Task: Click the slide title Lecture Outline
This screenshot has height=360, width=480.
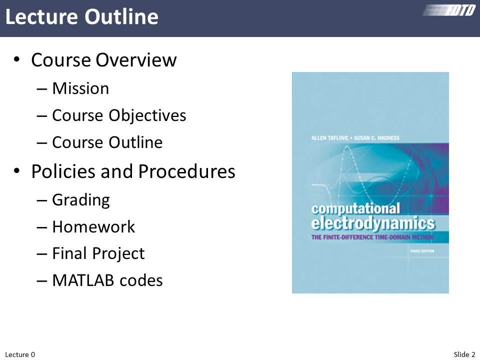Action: tap(81, 17)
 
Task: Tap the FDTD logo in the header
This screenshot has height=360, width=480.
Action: tap(450, 10)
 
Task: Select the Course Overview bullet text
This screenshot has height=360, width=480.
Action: tap(103, 60)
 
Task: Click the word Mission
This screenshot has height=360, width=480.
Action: tap(80, 88)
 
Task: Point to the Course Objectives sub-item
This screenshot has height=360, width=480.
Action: tap(118, 115)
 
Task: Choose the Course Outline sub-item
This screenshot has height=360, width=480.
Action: tap(107, 143)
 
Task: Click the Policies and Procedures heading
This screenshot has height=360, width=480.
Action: tap(132, 171)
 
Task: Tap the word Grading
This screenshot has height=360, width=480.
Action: tap(80, 200)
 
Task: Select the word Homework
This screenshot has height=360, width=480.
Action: tap(93, 227)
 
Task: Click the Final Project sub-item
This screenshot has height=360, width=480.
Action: tap(98, 253)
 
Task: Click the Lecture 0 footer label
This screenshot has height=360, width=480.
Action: tap(19, 354)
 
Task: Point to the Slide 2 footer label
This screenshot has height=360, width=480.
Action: tap(464, 354)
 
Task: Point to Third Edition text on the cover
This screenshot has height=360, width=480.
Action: tap(423, 250)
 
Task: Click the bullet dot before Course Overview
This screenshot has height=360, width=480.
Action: tap(17, 60)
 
